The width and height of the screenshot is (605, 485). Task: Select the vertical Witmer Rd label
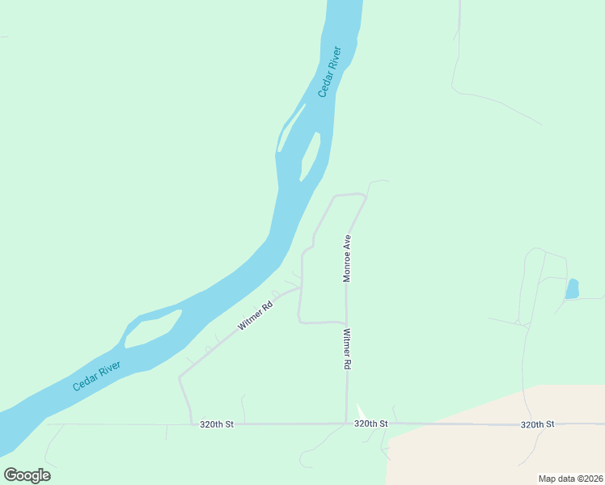tap(346, 348)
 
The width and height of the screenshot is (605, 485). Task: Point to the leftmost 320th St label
tap(217, 424)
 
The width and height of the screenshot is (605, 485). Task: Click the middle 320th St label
tap(371, 424)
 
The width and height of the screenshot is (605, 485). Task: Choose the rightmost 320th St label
tap(537, 424)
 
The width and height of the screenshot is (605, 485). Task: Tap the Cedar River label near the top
tap(330, 72)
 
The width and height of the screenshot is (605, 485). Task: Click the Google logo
tap(27, 475)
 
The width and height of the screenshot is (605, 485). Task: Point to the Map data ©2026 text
tap(570, 478)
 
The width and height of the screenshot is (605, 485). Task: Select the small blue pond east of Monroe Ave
tap(572, 289)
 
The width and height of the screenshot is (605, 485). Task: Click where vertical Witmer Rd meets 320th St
tap(347, 423)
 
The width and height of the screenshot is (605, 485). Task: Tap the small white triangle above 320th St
tap(361, 412)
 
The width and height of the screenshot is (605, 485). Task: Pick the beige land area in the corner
tap(501, 453)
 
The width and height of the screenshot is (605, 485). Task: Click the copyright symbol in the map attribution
tap(580, 478)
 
